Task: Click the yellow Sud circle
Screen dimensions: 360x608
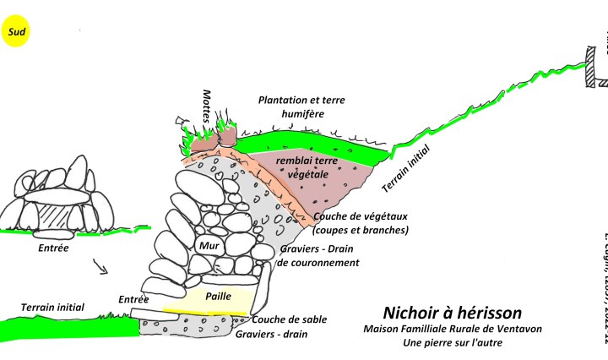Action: (14, 33)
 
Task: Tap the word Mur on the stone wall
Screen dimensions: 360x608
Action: (209, 246)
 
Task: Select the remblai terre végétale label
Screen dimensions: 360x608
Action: (307, 166)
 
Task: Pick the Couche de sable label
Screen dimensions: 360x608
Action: (289, 319)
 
